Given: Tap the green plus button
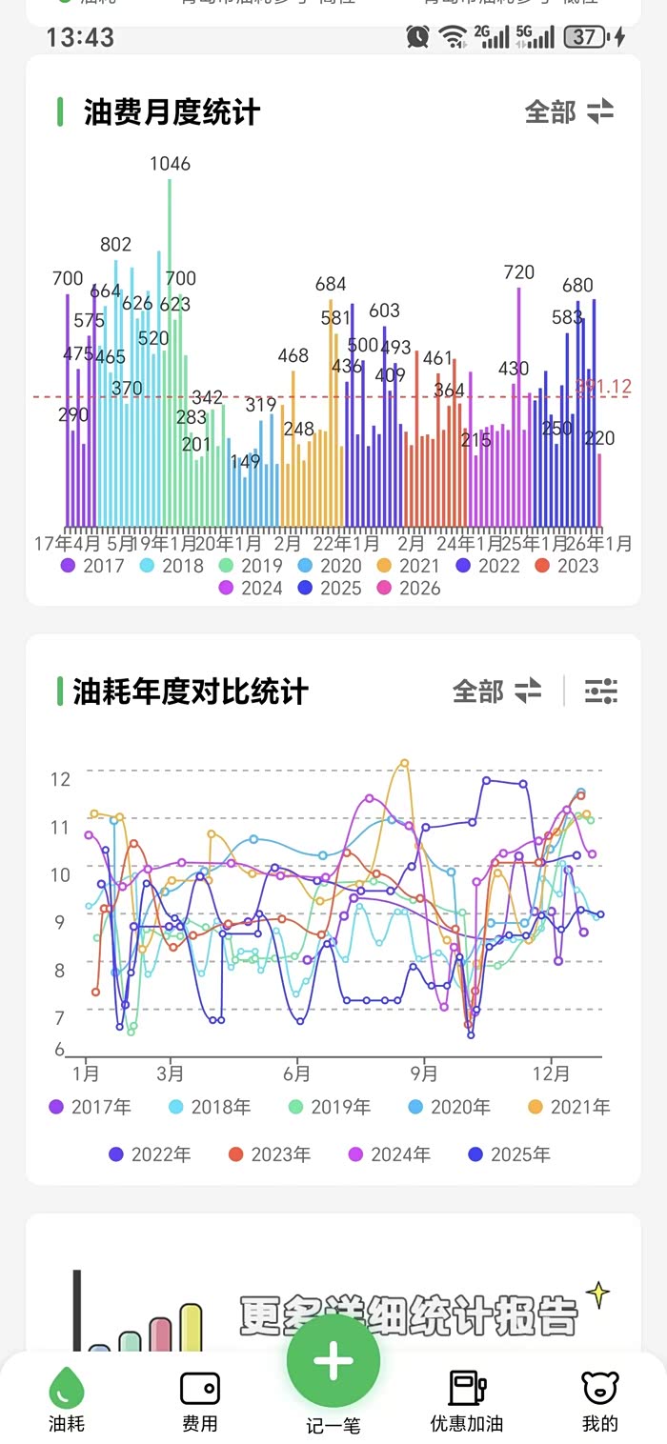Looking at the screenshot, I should (333, 1361).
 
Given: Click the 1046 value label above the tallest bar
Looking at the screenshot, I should (170, 164).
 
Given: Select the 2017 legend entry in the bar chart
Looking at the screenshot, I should (93, 566).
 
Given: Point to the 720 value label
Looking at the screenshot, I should (518, 272).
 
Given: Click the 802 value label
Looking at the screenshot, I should (116, 245).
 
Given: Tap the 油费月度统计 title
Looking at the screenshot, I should (172, 112).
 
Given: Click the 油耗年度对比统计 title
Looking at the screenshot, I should (191, 692).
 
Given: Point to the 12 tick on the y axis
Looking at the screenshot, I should (61, 779).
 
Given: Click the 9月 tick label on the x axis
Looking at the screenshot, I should (424, 1074).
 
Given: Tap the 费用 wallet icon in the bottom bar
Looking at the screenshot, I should (200, 1389).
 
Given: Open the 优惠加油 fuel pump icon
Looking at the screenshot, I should (467, 1389).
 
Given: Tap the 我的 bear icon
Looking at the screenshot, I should (600, 1389).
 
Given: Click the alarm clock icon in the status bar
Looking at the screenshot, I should (417, 37).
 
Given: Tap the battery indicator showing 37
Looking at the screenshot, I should (584, 37).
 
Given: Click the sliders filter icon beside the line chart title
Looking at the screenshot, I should (601, 691).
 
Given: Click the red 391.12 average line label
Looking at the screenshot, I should (605, 387).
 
